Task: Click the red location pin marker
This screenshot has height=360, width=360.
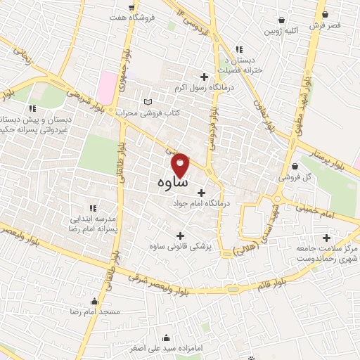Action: click(x=181, y=165)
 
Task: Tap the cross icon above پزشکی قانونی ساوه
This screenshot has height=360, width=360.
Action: click(x=180, y=236)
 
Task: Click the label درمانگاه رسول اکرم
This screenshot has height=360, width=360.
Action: click(x=203, y=89)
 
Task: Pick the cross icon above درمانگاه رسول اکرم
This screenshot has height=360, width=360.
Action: click(x=205, y=77)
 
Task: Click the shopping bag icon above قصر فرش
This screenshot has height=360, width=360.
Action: click(x=324, y=13)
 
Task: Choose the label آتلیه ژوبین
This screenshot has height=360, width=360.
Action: click(x=281, y=32)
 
